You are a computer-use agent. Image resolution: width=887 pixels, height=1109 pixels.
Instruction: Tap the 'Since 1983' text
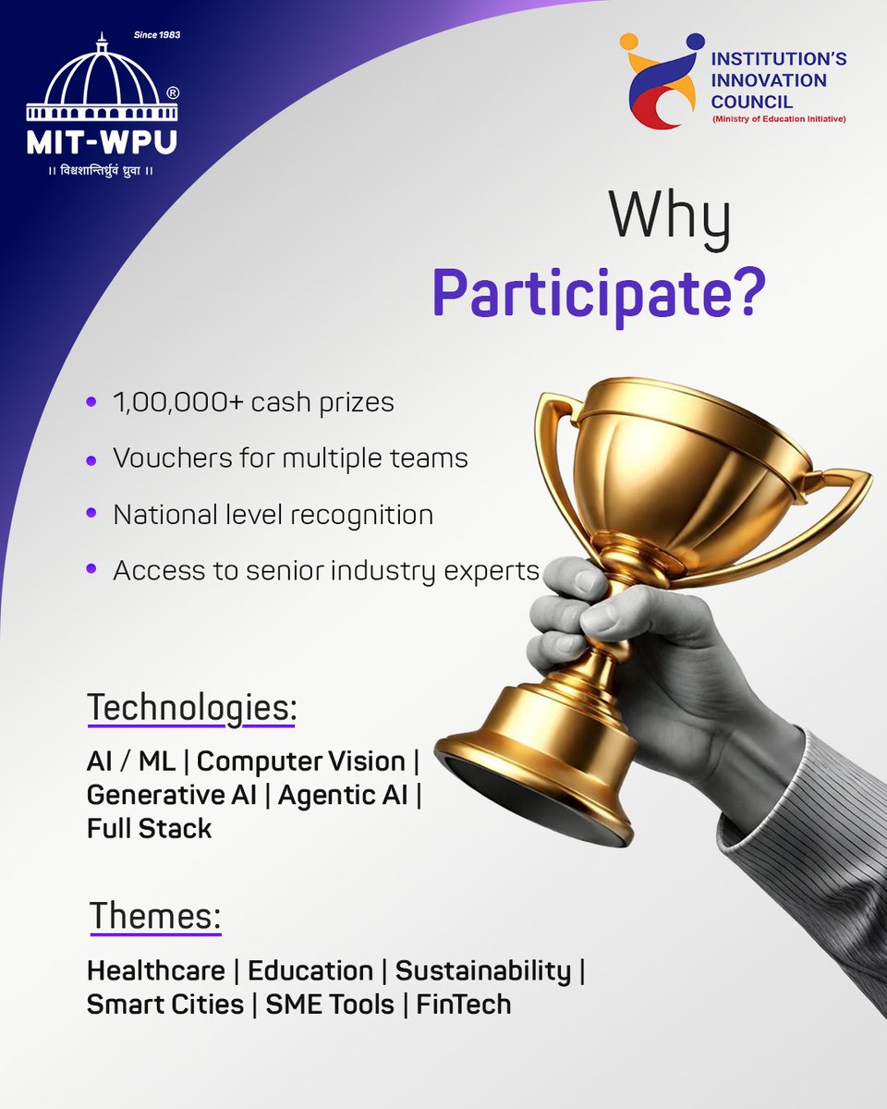click(156, 35)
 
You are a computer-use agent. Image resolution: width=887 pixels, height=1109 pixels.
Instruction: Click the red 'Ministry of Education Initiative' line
click(777, 119)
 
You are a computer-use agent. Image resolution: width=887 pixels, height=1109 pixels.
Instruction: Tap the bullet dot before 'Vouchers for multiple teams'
click(91, 459)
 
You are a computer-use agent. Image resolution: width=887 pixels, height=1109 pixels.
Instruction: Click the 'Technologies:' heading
click(192, 709)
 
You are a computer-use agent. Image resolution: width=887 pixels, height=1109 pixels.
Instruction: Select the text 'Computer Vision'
click(301, 762)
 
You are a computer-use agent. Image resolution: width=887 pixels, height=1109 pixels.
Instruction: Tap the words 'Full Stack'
click(150, 828)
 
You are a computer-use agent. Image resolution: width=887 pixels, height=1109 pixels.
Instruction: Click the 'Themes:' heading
click(155, 917)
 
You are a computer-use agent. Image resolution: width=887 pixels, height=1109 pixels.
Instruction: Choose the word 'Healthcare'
click(155, 970)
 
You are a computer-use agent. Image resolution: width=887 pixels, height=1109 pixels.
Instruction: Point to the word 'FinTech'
click(463, 1004)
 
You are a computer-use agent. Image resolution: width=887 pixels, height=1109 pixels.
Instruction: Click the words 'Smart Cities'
click(164, 1004)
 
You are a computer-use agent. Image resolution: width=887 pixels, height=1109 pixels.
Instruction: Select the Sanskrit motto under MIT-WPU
click(101, 172)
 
